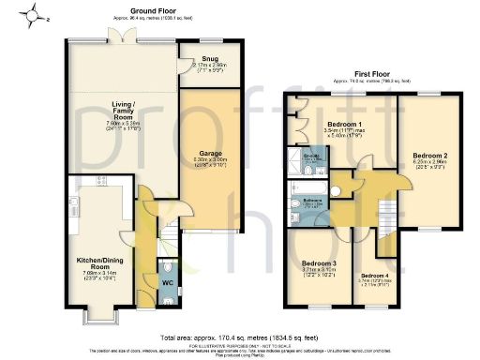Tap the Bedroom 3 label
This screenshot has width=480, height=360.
(319, 263)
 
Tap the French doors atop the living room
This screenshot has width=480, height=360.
(119, 37)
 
